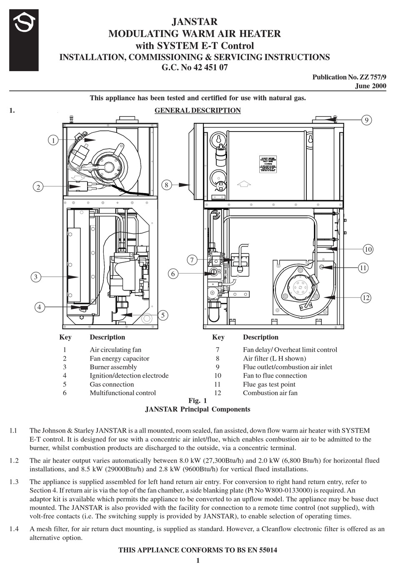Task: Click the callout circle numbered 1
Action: point(53,140)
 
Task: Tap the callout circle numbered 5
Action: point(163,315)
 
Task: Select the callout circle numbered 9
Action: point(366,120)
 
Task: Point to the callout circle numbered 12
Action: point(366,297)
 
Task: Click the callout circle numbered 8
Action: point(166,184)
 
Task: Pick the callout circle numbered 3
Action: point(36,276)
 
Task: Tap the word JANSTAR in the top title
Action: point(195,22)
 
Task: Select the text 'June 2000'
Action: point(370,86)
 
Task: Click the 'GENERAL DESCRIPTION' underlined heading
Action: point(198,110)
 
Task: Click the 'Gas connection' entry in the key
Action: point(112,384)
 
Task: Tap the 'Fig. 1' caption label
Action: point(198,400)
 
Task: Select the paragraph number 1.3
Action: point(13,482)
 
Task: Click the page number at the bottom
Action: point(198,560)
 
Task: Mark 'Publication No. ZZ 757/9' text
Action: point(349,77)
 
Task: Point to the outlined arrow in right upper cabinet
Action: point(244,183)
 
